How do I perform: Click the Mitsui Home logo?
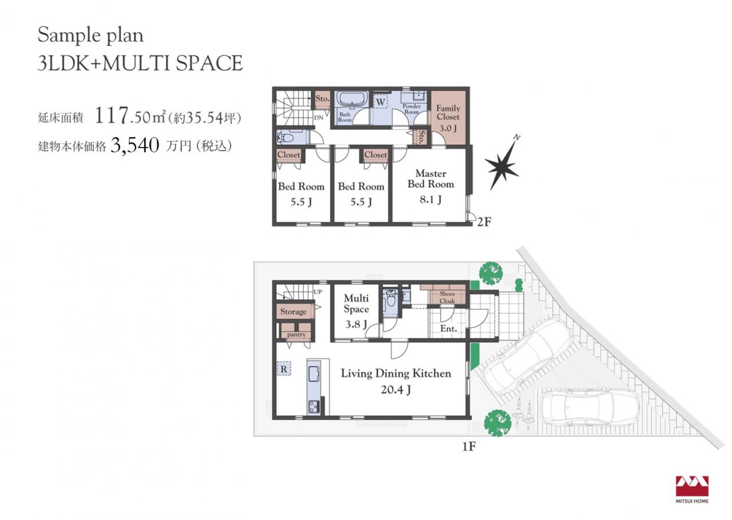pos(692,494)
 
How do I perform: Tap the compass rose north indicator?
pos(503,164)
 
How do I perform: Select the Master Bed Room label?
pos(431,179)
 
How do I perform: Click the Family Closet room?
pos(448,117)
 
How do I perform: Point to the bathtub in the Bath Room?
pos(352,98)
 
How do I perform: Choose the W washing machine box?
pos(380,102)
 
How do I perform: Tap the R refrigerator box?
pos(284,368)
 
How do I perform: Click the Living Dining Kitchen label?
pos(396,373)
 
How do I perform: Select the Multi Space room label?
pos(356,304)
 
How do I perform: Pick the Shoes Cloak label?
pos(447,297)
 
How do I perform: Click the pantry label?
pos(296,335)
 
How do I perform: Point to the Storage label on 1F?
pos(293,311)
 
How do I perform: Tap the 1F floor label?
pos(468,446)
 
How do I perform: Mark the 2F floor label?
pos(484,222)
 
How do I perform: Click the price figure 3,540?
pos(135,145)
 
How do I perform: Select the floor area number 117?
pos(111,116)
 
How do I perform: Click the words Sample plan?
pos(90,35)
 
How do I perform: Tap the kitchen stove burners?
pos(313,407)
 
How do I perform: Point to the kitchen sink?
pos(313,374)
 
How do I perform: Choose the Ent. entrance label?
pos(448,329)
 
